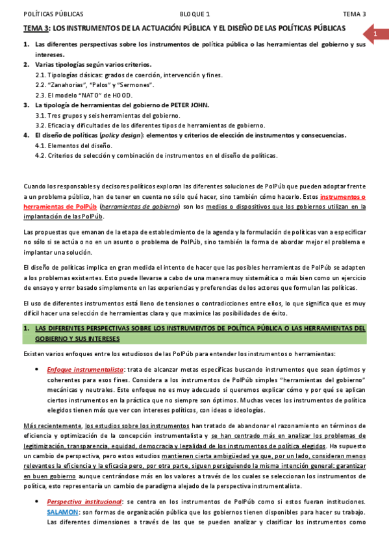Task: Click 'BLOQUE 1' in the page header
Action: [195, 14]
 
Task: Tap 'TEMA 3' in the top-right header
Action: [355, 14]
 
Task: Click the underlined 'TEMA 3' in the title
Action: [36, 29]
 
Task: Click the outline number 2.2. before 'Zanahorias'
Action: [42, 84]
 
